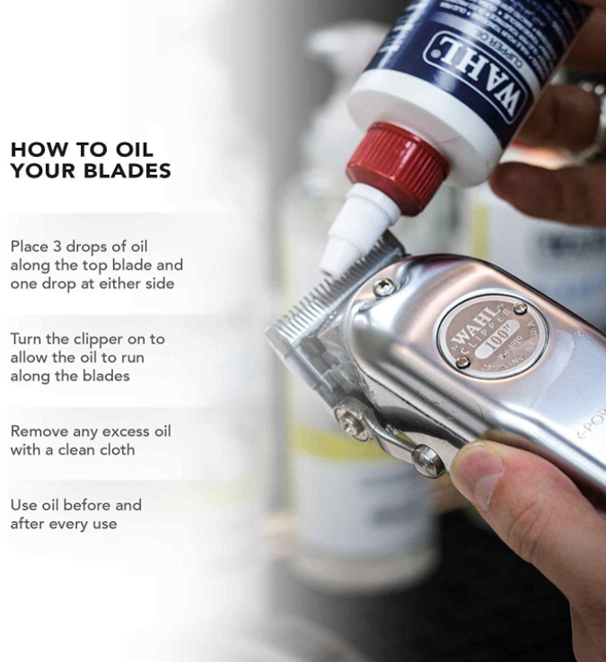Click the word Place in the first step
[x=29, y=247]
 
